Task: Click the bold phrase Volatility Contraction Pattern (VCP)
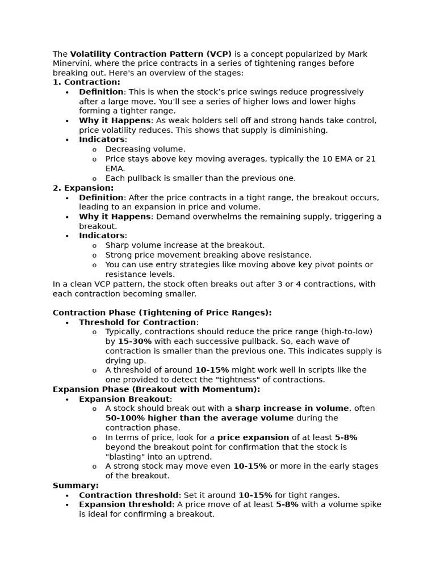tap(150, 54)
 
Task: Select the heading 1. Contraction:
tap(86, 82)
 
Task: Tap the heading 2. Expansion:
tap(83, 188)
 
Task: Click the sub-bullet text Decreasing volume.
tap(145, 149)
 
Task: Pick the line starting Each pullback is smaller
tap(200, 178)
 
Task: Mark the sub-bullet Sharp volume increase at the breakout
tap(185, 245)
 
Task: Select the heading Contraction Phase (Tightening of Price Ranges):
tap(162, 313)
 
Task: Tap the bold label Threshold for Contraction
tap(137, 322)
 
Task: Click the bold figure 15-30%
tap(135, 342)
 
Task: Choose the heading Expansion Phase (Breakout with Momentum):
tap(156, 389)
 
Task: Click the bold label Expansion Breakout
tap(124, 399)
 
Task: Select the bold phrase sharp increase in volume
tap(292, 409)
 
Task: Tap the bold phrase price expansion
tap(253, 437)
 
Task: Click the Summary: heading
tap(76, 486)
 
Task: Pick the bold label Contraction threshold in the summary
tap(129, 495)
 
